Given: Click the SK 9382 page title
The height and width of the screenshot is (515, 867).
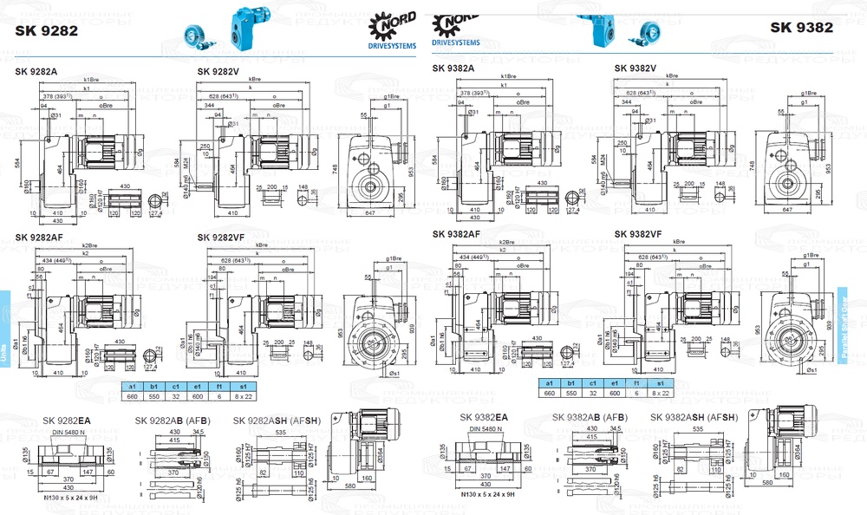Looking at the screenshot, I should [802, 27].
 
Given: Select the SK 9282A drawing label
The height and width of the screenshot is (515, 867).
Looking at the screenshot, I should [36, 71].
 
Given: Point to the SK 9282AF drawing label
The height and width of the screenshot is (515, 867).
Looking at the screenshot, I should [40, 237].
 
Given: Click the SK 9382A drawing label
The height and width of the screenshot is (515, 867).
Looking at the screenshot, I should [453, 68].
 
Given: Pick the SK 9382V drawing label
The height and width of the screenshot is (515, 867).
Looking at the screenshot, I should [636, 68].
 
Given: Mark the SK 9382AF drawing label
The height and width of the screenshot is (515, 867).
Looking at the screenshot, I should [457, 233].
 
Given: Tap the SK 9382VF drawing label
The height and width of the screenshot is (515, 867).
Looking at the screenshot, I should [639, 233].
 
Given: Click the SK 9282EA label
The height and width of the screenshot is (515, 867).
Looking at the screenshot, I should [67, 420].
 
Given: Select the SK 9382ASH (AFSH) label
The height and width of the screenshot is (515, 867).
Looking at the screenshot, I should [694, 417].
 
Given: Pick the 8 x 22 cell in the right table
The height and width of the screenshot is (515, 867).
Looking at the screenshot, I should [660, 393].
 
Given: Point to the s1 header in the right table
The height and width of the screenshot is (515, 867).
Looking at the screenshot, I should [660, 382].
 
